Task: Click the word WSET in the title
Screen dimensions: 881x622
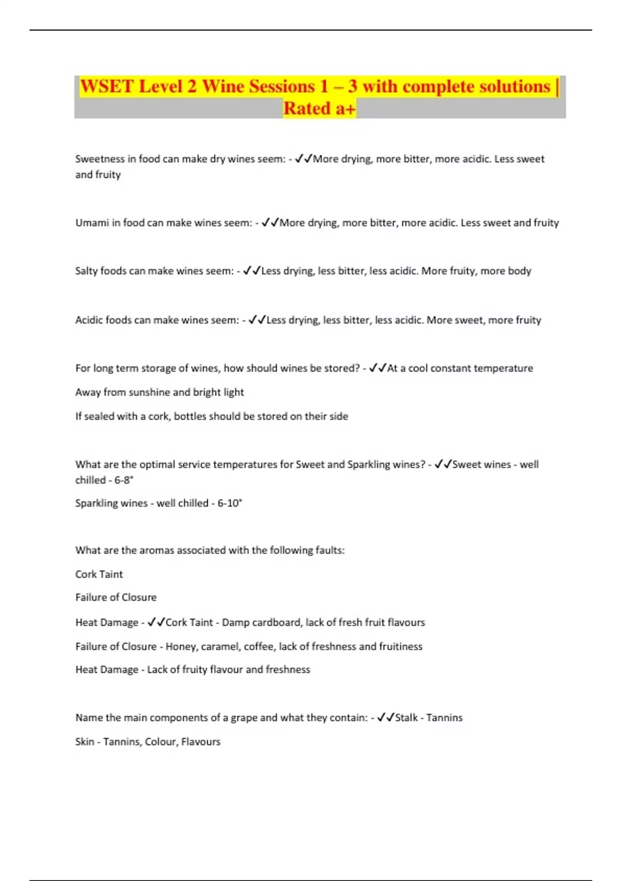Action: coord(107,87)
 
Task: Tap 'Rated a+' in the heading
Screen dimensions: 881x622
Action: coord(319,109)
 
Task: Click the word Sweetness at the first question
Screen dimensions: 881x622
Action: coord(100,159)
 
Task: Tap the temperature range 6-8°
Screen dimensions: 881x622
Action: coord(123,480)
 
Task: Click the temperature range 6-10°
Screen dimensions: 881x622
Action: coord(230,503)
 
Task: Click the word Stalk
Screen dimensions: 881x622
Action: coord(406,718)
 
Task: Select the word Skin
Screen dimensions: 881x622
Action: coord(84,742)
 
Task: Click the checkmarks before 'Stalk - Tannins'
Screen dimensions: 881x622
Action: coord(385,718)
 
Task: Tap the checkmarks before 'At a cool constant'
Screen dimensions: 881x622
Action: coord(377,368)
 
